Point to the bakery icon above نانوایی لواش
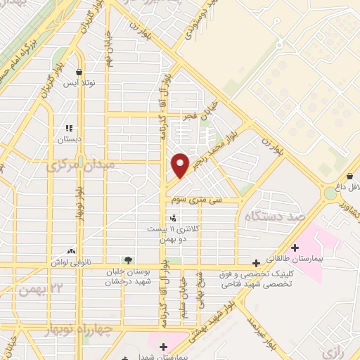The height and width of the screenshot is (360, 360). pos(71,250)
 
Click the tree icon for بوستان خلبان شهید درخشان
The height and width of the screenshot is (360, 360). pos(127,260)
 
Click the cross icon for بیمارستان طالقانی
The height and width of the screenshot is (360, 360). pos(295,247)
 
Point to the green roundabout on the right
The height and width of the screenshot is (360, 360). pos(330,192)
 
